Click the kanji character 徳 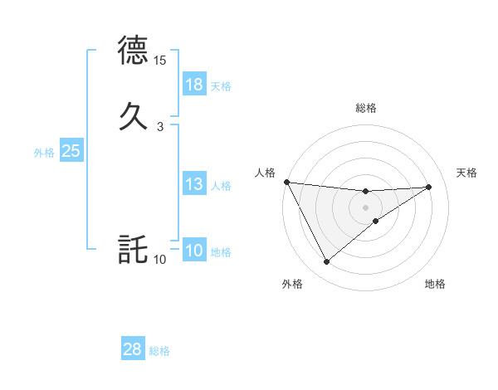pyautogui.click(x=133, y=51)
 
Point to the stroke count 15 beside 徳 pyautogui.click(x=160, y=61)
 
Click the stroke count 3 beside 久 pyautogui.click(x=159, y=126)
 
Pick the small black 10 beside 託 pyautogui.click(x=160, y=260)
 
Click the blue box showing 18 pyautogui.click(x=194, y=85)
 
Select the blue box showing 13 pyautogui.click(x=194, y=184)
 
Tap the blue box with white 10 pyautogui.click(x=194, y=251)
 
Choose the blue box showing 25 pyautogui.click(x=71, y=151)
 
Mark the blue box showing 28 pyautogui.click(x=133, y=349)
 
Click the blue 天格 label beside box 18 pyautogui.click(x=221, y=86)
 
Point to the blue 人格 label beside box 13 pyautogui.click(x=221, y=186)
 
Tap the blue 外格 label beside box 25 pyautogui.click(x=44, y=153)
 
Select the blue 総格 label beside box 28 pyautogui.click(x=159, y=351)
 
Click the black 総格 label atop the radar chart pyautogui.click(x=366, y=108)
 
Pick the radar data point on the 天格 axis pyautogui.click(x=428, y=187)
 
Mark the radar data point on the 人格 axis pyautogui.click(x=287, y=182)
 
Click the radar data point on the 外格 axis pyautogui.click(x=326, y=262)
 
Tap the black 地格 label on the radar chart pyautogui.click(x=435, y=285)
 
